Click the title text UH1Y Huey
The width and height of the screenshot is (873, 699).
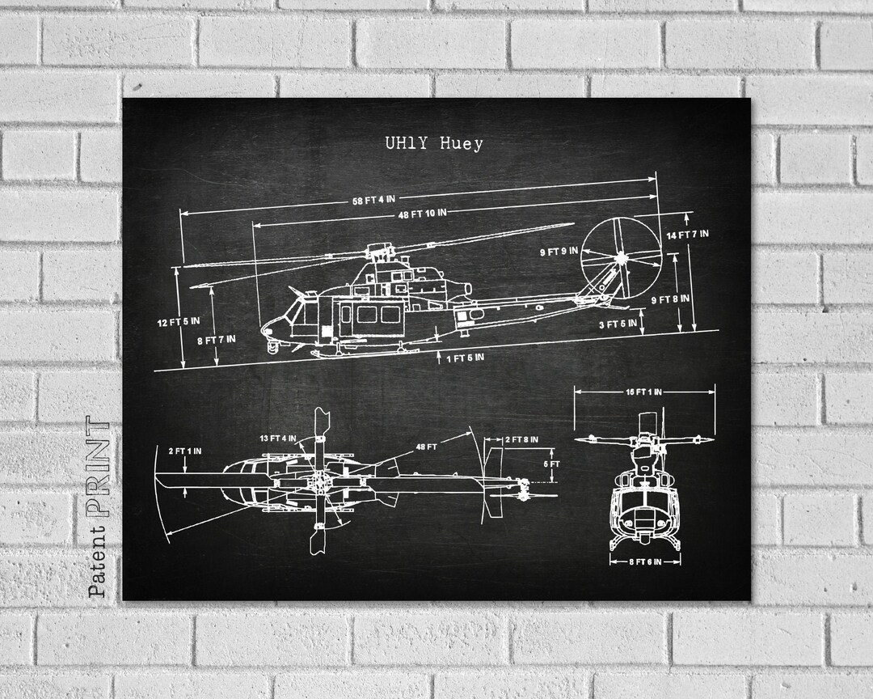tap(433, 144)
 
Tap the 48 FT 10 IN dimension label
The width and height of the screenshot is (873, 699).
tap(422, 214)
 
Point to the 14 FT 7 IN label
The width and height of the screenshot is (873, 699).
tap(687, 235)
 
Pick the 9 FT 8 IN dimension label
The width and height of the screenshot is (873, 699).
tap(670, 299)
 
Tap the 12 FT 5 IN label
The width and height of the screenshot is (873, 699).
tap(179, 323)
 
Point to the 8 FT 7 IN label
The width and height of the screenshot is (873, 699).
tap(217, 339)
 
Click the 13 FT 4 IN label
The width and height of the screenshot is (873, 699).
tap(277, 438)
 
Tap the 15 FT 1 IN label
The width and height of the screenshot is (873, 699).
tap(643, 392)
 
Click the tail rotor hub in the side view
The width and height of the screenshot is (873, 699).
tap(621, 258)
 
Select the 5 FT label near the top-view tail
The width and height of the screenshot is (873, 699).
tap(551, 464)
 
